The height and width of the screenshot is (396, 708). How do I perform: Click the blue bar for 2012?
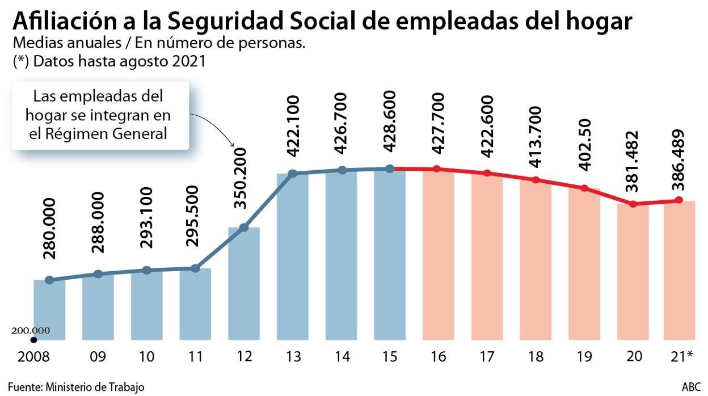tap(244, 284)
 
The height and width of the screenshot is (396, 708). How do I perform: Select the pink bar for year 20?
tap(633, 272)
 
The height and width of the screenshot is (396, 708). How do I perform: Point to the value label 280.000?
tap(49, 229)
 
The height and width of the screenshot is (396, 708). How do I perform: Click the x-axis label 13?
tap(292, 357)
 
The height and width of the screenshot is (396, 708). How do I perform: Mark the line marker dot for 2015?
tap(390, 168)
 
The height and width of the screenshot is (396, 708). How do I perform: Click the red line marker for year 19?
tap(584, 188)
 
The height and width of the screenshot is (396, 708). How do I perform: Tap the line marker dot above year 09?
tap(98, 274)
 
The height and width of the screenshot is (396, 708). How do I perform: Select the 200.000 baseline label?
tap(31, 331)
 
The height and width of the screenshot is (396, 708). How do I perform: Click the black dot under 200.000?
tap(33, 340)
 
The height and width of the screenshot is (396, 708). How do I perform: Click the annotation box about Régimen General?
tap(100, 115)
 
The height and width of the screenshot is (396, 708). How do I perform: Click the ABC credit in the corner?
tap(690, 387)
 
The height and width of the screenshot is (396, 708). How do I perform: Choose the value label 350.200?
tap(243, 178)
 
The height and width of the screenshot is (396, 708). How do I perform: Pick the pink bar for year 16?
tap(438, 255)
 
